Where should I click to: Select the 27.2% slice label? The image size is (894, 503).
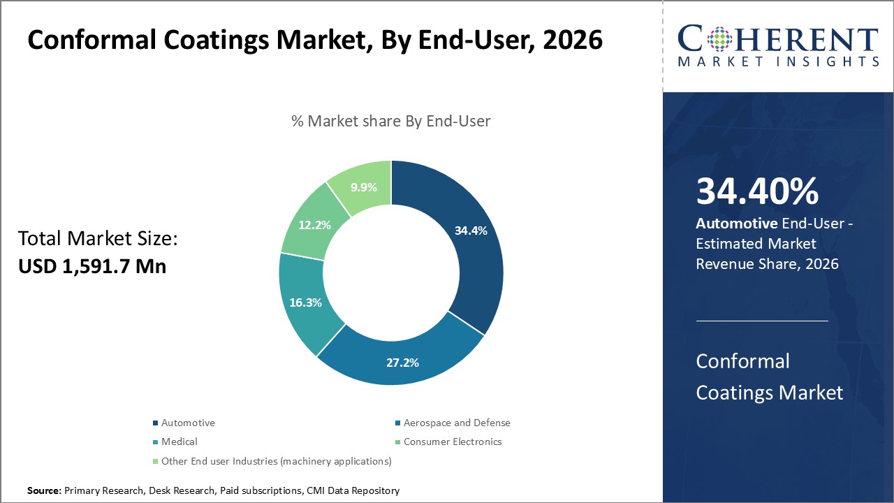point(402,363)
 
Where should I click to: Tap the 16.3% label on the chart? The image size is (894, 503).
point(307,303)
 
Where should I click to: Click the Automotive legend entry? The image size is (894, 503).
point(188,423)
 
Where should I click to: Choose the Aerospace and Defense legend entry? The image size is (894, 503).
point(457,423)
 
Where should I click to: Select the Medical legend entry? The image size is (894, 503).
point(179,442)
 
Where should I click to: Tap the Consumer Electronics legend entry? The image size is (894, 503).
point(453,442)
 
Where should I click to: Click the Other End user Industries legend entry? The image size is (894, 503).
point(276,461)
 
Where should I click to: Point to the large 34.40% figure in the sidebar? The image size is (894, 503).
point(757,191)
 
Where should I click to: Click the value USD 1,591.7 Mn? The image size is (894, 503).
point(92,266)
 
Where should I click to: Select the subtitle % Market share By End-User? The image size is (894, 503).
point(391,121)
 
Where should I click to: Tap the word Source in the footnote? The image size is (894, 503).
point(43,490)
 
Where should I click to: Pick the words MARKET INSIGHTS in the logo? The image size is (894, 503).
point(778,62)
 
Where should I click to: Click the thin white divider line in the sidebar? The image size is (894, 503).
point(761,321)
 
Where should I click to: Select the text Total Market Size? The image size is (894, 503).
point(98,239)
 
